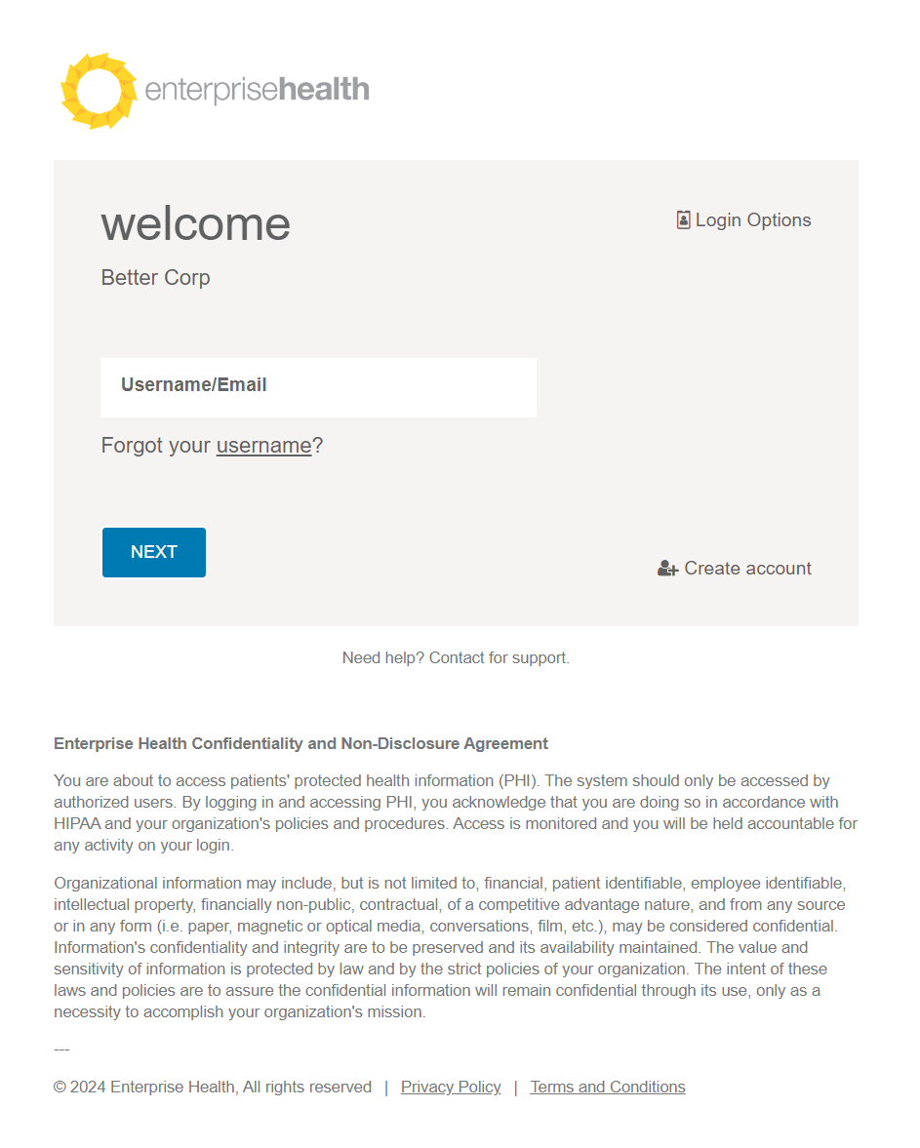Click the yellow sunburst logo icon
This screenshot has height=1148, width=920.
(97, 91)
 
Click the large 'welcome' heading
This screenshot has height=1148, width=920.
(196, 223)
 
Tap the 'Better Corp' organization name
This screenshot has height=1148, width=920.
(155, 278)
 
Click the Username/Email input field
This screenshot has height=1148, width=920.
(318, 387)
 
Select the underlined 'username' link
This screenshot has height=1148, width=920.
(263, 446)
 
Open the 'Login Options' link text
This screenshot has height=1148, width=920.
(753, 220)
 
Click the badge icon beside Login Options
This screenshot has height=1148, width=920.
(683, 220)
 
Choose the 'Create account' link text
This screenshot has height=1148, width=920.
(747, 569)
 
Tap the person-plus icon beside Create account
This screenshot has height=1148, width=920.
(667, 569)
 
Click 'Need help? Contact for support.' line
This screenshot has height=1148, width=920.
(456, 658)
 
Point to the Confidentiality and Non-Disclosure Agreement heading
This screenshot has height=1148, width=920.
(300, 744)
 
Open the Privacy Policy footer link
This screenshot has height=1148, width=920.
(451, 1088)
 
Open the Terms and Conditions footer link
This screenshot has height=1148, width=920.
(608, 1088)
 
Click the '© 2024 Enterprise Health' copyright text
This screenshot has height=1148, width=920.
(213, 1088)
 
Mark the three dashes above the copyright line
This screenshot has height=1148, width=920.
(61, 1049)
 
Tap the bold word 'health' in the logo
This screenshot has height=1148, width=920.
(324, 91)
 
